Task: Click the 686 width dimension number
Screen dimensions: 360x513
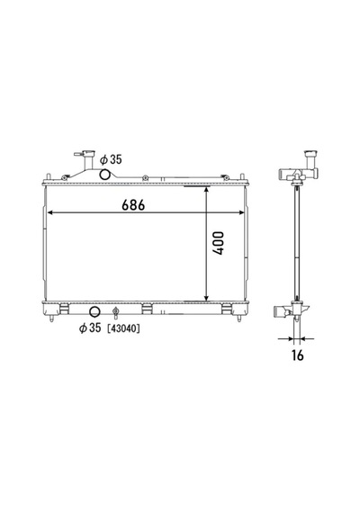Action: coord(133,205)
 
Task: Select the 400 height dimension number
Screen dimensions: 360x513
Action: coord(219,243)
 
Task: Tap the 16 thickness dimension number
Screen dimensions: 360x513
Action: coord(298,355)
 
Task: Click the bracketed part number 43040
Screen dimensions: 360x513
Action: coord(123,328)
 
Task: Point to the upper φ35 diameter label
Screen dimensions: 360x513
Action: coord(111,159)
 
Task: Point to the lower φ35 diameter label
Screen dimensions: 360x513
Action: coord(90,328)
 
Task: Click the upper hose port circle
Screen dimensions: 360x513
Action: coord(104,175)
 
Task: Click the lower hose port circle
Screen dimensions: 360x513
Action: coord(94,311)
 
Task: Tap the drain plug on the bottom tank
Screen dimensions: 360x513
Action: coord(115,312)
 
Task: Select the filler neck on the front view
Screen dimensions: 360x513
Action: coord(87,160)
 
